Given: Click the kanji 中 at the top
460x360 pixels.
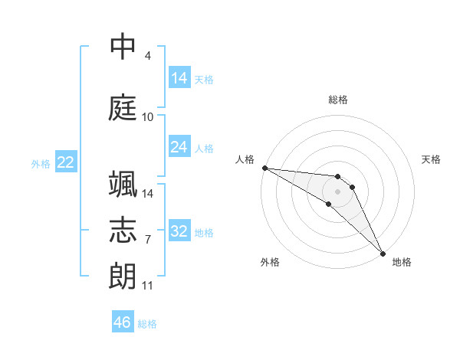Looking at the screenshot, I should [123, 47].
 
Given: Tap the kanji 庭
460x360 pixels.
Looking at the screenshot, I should [123, 108].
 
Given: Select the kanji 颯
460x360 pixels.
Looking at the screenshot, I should [123, 185].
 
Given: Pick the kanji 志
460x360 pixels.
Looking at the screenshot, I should [123, 231].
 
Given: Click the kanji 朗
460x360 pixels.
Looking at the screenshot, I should [123, 277].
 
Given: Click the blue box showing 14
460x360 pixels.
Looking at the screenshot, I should [179, 78].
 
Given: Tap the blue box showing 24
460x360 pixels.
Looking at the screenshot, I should [179, 147].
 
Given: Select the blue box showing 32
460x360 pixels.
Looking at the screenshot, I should [179, 231].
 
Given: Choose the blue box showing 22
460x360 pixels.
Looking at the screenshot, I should [66, 162].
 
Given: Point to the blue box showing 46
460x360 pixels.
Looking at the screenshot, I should [123, 322].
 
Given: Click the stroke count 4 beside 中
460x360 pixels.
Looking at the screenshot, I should [147, 56].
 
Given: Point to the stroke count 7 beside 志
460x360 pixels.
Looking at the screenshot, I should [147, 240].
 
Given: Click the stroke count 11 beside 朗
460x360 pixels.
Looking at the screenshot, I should [147, 286].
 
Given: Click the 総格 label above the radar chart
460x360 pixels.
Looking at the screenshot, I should [338, 100].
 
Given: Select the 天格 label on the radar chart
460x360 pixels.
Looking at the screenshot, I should [431, 159].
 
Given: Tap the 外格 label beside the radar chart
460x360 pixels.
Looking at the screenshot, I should [270, 262].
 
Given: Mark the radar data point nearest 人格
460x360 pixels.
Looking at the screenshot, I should [264, 168].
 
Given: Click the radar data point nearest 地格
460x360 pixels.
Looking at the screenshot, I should [383, 253].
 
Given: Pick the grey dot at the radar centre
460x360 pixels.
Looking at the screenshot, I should [338, 191].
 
